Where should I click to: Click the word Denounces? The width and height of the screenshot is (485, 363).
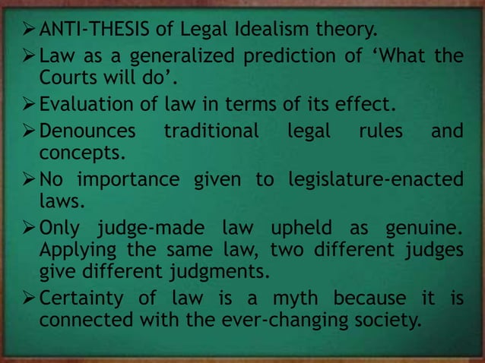pos(87,131)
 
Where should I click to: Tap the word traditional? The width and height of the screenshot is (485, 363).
pos(212,131)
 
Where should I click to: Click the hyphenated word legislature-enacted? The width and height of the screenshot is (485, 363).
pos(376,181)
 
